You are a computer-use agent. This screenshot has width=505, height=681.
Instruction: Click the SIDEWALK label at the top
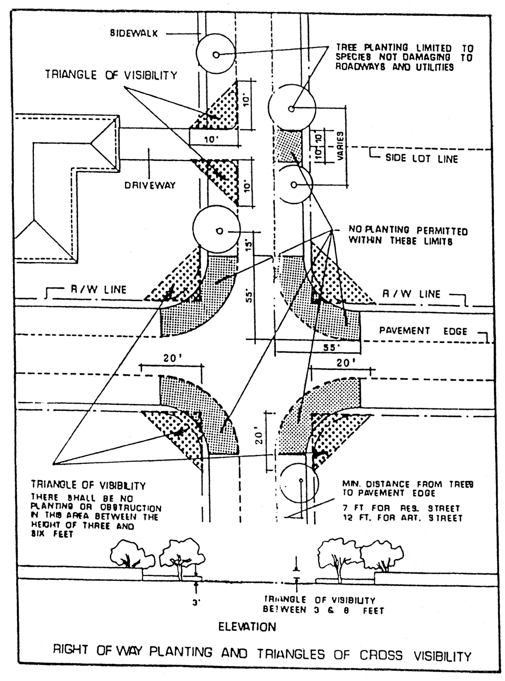pos(134,33)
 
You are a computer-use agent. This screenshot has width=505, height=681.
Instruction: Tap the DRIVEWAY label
pos(150,185)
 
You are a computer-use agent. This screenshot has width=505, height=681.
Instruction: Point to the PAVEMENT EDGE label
pos(423,331)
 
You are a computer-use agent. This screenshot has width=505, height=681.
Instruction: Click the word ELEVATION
pos(247,627)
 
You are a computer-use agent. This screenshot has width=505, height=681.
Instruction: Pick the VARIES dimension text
pos(340,146)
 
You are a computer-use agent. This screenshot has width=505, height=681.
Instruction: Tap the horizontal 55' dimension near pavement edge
pos(331,348)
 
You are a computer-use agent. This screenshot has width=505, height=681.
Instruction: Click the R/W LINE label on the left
pos(98,289)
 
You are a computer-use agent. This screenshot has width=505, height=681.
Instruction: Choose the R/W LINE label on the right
pos(411,294)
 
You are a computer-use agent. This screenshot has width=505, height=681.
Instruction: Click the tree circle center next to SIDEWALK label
pos(216,55)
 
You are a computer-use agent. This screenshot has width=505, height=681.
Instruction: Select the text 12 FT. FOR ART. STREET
pos(402,518)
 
